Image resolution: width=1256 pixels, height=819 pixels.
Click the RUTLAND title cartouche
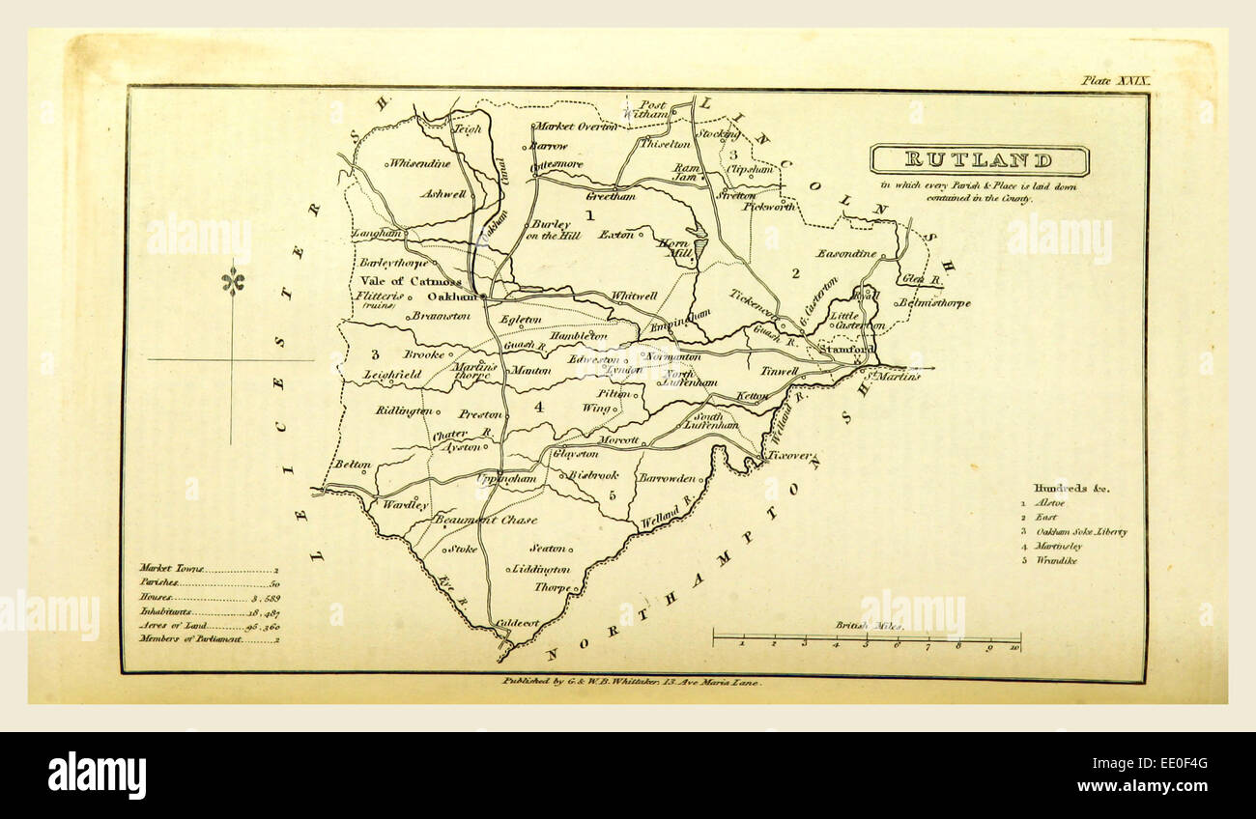pyautogui.click(x=979, y=159)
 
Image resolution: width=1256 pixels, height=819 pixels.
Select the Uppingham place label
pyautogui.click(x=506, y=478)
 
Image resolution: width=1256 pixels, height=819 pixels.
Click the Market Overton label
pyautogui.click(x=576, y=127)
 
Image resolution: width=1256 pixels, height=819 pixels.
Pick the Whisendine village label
pyautogui.click(x=419, y=163)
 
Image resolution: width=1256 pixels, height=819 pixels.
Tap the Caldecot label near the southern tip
pyautogui.click(x=519, y=624)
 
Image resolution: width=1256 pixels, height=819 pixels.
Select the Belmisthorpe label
pyautogui.click(x=933, y=303)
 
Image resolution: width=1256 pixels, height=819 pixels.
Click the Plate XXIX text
pyautogui.click(x=1115, y=81)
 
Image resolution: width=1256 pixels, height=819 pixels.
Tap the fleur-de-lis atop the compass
pyautogui.click(x=232, y=281)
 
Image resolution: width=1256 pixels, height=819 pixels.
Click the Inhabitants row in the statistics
pyautogui.click(x=208, y=611)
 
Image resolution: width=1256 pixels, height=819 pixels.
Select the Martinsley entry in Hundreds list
pyautogui.click(x=1059, y=546)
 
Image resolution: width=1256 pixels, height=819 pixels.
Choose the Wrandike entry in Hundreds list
pyautogui.click(x=1056, y=560)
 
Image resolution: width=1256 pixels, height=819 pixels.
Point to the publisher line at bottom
pyautogui.click(x=632, y=681)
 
